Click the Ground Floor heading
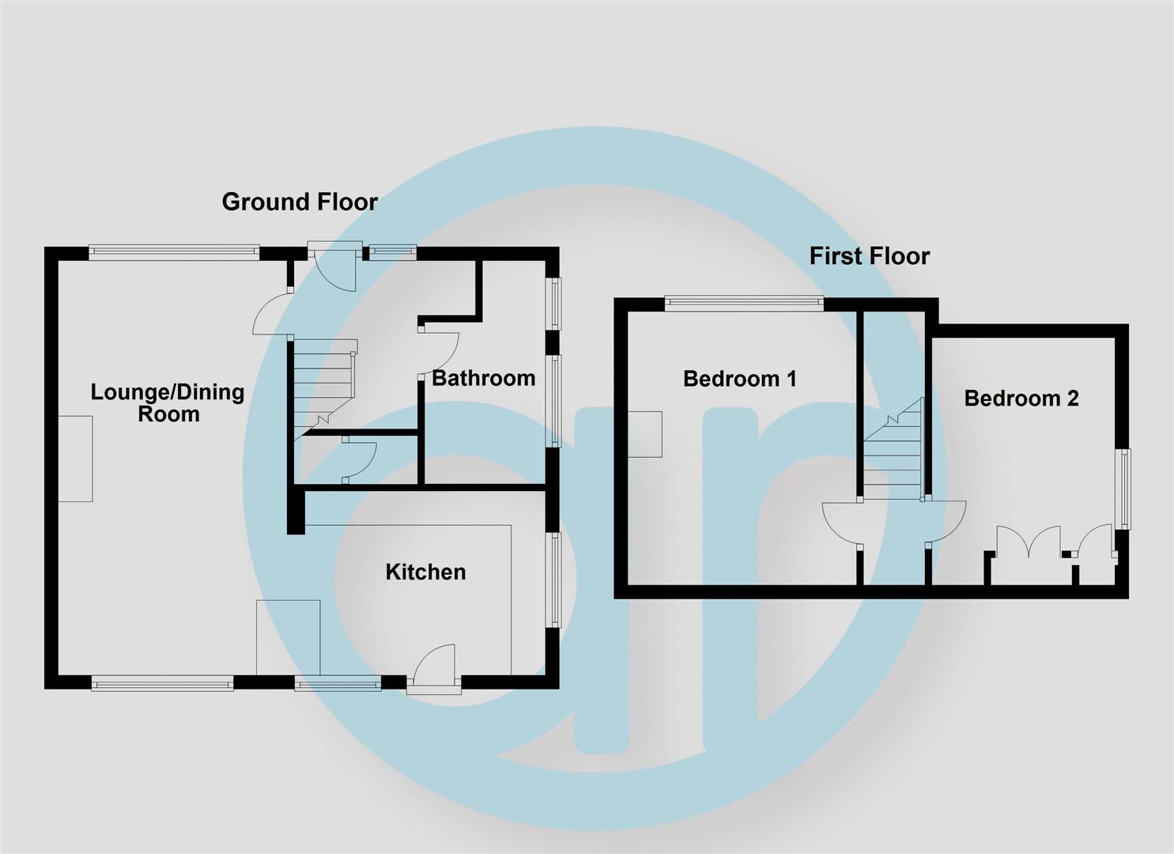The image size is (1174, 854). point(300,202)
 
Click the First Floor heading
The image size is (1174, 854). point(869,255)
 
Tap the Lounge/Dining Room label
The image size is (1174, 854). point(168,402)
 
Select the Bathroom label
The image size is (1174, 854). point(483,378)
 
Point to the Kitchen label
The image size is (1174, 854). point(425,572)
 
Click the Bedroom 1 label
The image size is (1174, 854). point(739,379)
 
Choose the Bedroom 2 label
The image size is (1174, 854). point(1021,398)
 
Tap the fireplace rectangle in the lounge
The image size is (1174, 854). point(76,459)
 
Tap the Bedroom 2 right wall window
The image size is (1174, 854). point(1124,489)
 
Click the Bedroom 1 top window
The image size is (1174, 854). point(743,302)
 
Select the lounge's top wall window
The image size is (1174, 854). point(174,252)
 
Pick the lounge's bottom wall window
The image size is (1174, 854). point(162,682)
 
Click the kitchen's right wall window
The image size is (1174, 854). point(555,580)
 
